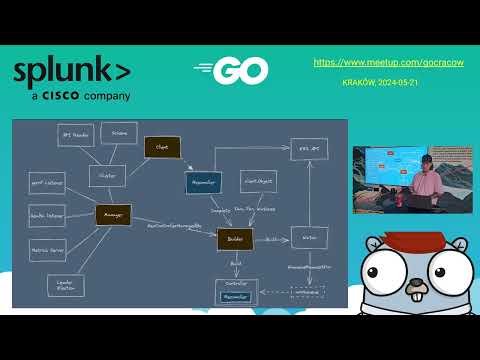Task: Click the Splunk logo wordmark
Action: pyautogui.click(x=70, y=73)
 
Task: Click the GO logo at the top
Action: pyautogui.click(x=232, y=70)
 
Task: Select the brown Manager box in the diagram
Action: pyautogui.click(x=113, y=213)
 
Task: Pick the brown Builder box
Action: pyautogui.click(x=235, y=239)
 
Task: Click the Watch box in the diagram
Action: pyautogui.click(x=308, y=238)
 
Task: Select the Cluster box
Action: pyautogui.click(x=107, y=175)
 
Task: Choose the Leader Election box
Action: pyautogui.click(x=65, y=286)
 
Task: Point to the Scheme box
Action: pyautogui.click(x=119, y=132)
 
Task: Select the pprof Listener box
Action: pyautogui.click(x=46, y=183)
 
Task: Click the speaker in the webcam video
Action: pyautogui.click(x=422, y=185)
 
